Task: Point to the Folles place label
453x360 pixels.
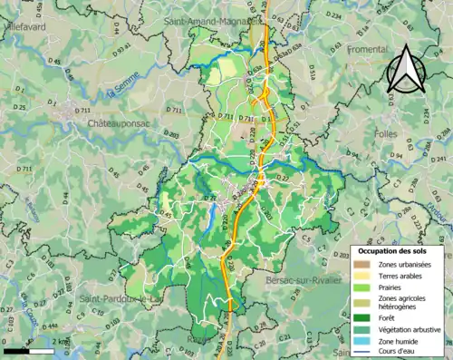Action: pyautogui.click(x=385, y=133)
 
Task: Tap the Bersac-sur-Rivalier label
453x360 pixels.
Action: pyautogui.click(x=304, y=280)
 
